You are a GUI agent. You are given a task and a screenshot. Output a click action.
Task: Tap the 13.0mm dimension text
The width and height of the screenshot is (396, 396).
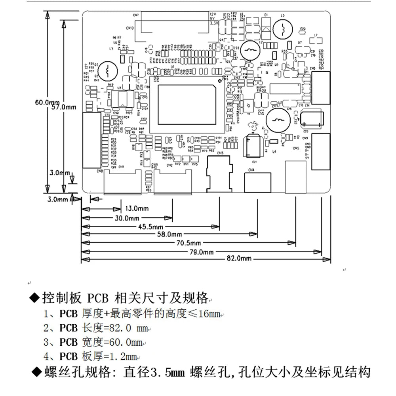tap(137, 208)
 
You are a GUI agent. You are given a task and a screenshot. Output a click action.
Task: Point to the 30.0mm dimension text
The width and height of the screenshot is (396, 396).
tap(127, 218)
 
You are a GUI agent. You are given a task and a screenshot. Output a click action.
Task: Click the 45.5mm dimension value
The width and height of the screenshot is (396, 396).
tap(151, 227)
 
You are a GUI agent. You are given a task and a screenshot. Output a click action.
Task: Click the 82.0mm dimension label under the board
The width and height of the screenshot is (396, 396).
tap(239, 259)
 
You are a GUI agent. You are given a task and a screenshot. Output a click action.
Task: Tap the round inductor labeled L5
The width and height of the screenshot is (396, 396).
tap(283, 29)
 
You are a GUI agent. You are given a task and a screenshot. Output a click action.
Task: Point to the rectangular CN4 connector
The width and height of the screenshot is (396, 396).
tap(258, 183)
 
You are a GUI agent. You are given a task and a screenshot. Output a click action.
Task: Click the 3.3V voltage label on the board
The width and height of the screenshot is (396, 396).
tap(214, 24)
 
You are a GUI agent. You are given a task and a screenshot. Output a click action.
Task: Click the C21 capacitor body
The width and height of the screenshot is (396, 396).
tap(253, 147)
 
